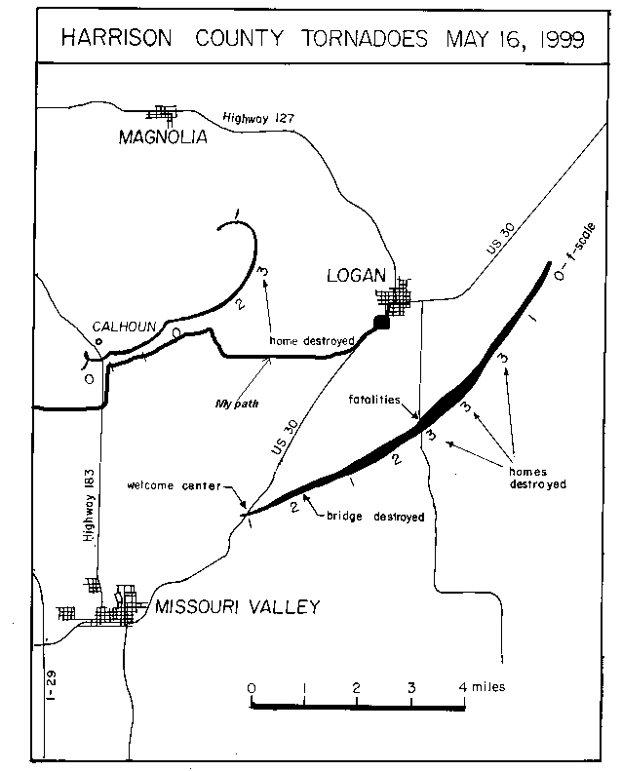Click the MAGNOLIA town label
(x=163, y=137)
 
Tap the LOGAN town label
(x=357, y=277)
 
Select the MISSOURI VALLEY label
(x=237, y=607)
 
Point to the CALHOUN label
(x=125, y=327)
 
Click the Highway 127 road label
(x=258, y=117)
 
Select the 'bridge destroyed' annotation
(x=377, y=517)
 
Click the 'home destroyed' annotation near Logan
(x=309, y=342)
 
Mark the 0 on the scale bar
(x=253, y=687)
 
